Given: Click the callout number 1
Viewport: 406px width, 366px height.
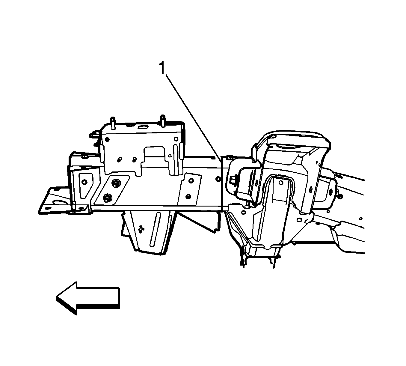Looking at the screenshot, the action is click(162, 68).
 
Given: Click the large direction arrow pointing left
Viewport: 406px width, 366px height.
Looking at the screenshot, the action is click(88, 298).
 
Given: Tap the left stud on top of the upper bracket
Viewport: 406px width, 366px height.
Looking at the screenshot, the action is click(113, 123).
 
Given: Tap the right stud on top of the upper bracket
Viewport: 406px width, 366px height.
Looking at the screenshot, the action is click(163, 121).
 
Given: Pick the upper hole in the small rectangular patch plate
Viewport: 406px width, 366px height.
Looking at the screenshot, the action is click(191, 181).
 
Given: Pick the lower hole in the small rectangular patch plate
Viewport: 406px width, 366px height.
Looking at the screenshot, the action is click(188, 196).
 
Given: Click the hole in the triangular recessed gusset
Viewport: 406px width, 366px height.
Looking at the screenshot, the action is click(84, 182).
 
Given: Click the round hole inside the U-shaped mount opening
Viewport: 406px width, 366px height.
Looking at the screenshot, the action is click(280, 183).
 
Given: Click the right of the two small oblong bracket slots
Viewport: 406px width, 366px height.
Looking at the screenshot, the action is click(134, 159).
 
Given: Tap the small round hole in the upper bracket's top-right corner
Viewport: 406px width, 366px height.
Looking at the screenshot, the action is click(176, 139).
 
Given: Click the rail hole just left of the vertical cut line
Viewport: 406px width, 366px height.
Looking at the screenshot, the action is click(218, 179).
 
